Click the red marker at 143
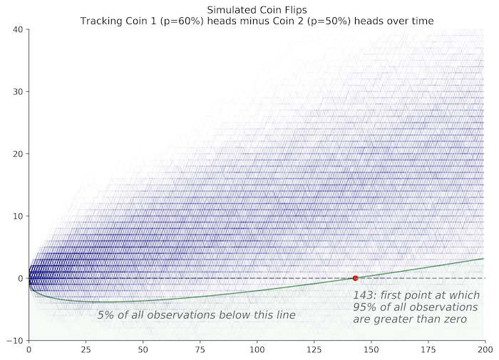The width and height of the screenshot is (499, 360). click(x=355, y=278)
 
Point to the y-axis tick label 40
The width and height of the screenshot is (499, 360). click(x=18, y=29)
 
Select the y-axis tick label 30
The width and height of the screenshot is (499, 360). click(x=18, y=91)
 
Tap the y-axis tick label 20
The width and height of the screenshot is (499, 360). click(x=18, y=154)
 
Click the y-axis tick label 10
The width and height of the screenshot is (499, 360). click(x=18, y=216)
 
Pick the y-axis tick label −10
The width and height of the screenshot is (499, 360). click(x=16, y=341)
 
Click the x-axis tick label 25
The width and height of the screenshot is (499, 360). click(x=86, y=351)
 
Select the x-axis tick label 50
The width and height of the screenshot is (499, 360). click(x=143, y=351)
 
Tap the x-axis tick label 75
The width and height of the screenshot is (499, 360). click(x=200, y=351)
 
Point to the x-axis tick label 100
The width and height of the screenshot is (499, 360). click(x=257, y=351)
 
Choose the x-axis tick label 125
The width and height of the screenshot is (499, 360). click(x=314, y=351)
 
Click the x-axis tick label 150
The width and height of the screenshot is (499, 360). click(x=371, y=351)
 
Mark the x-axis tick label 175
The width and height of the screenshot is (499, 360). click(x=428, y=351)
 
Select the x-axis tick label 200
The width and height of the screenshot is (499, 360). click(x=485, y=351)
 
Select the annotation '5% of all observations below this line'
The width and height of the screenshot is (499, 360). click(x=196, y=314)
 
